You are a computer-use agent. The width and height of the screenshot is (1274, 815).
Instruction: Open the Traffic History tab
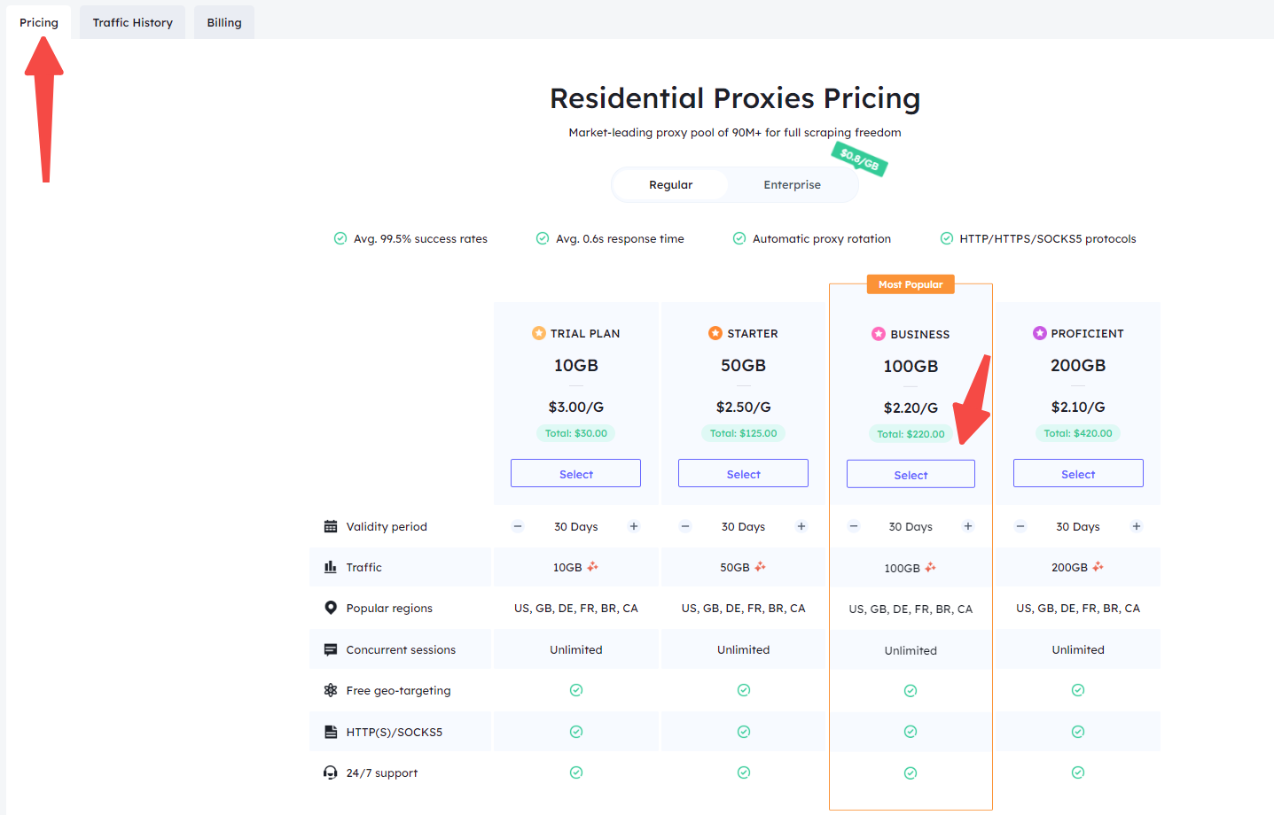click(132, 23)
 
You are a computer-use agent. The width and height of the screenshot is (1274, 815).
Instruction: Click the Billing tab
click(224, 23)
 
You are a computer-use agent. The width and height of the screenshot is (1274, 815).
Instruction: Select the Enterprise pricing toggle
click(792, 185)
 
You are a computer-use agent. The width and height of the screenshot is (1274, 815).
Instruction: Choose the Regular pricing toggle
click(670, 185)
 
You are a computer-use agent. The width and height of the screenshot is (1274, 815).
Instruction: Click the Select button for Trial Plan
click(575, 473)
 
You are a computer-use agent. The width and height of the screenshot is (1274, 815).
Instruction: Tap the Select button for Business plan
click(911, 474)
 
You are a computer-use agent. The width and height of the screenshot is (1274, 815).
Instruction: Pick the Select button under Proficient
click(1078, 473)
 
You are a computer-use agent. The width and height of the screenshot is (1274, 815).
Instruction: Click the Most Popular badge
click(911, 284)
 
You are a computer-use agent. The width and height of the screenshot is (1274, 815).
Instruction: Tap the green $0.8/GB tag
click(859, 159)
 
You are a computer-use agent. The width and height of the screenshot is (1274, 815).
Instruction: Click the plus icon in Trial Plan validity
click(634, 526)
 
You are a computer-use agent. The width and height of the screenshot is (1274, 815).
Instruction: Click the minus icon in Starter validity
click(685, 526)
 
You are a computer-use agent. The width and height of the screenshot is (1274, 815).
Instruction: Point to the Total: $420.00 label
click(1078, 433)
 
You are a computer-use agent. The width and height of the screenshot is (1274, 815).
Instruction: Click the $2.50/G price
click(743, 407)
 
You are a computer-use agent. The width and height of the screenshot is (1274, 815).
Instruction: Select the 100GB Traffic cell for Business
click(910, 568)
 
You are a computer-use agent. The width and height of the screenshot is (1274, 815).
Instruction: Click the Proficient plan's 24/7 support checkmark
click(1078, 772)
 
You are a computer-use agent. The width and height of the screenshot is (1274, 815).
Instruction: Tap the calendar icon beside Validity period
click(331, 526)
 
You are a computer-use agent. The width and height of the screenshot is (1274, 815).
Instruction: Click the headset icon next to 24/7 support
click(331, 773)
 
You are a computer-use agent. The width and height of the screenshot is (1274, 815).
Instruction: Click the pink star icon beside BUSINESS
click(879, 334)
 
